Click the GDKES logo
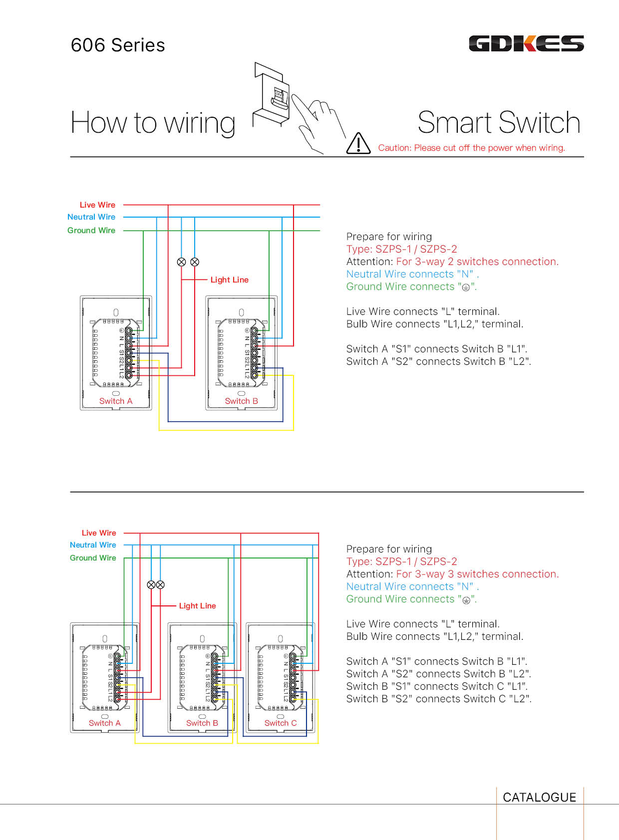click(x=526, y=44)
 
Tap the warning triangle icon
click(x=358, y=144)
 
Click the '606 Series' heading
click(x=118, y=45)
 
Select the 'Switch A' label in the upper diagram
click(x=116, y=401)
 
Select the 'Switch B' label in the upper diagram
click(x=241, y=401)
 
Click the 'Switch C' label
click(x=280, y=723)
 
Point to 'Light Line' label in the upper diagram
click(x=229, y=280)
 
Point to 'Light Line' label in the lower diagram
click(x=197, y=606)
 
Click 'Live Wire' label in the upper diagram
click(x=97, y=205)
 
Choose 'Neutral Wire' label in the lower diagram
click(x=93, y=545)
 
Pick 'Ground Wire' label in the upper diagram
click(x=91, y=231)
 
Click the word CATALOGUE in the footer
click(x=539, y=798)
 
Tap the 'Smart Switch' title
click(x=499, y=123)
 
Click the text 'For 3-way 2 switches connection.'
click(x=477, y=262)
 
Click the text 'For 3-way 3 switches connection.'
click(x=477, y=574)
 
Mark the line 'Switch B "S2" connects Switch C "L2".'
click(x=439, y=699)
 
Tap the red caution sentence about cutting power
click(x=471, y=148)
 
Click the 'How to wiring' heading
click(x=153, y=123)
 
